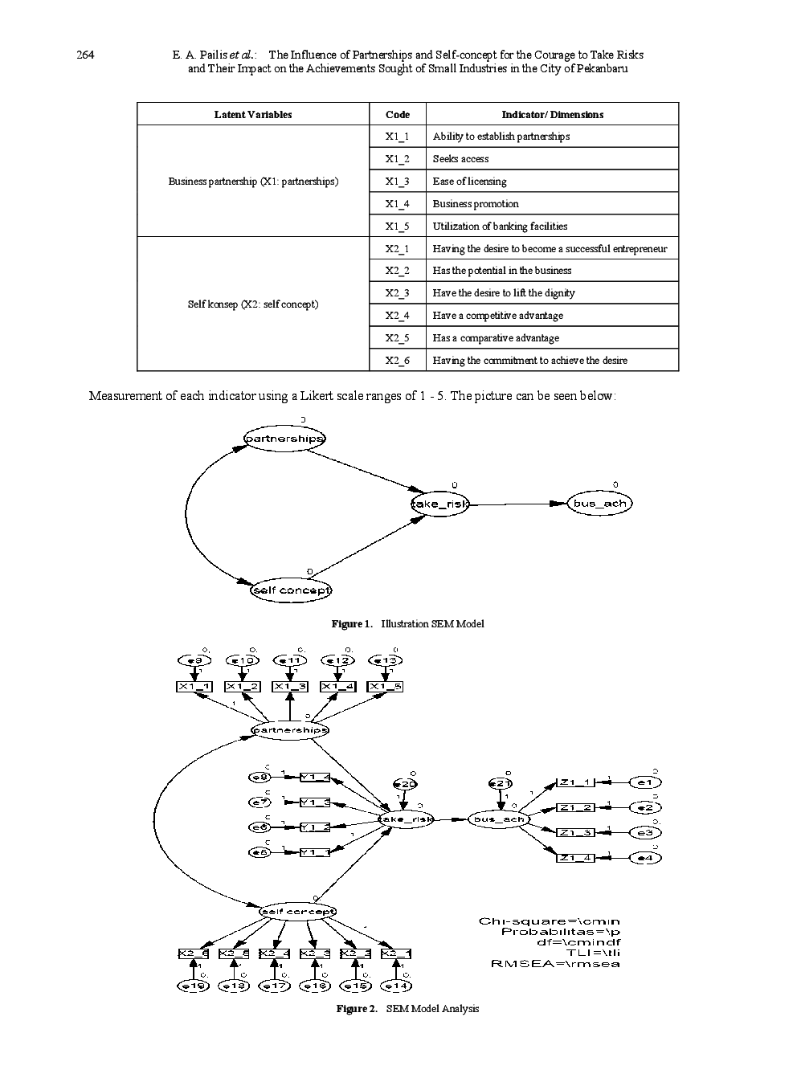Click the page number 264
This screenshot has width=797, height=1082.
click(85, 55)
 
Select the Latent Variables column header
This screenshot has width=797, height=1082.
click(253, 114)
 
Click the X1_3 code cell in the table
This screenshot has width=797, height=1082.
click(397, 181)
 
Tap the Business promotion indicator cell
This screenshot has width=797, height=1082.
click(476, 203)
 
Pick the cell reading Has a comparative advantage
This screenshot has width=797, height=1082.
click(496, 338)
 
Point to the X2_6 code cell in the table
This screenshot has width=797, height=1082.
click(397, 360)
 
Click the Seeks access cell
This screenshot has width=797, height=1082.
click(460, 159)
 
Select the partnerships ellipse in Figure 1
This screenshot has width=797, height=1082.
click(284, 439)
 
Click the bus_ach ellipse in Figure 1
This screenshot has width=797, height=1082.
click(599, 504)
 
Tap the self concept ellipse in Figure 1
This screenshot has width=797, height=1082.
click(291, 590)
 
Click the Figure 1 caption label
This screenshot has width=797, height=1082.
click(352, 624)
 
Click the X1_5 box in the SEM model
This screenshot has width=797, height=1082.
click(386, 687)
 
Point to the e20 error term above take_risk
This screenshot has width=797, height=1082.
click(405, 784)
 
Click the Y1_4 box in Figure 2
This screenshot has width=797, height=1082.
click(315, 777)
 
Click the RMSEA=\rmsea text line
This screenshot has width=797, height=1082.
click(555, 964)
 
